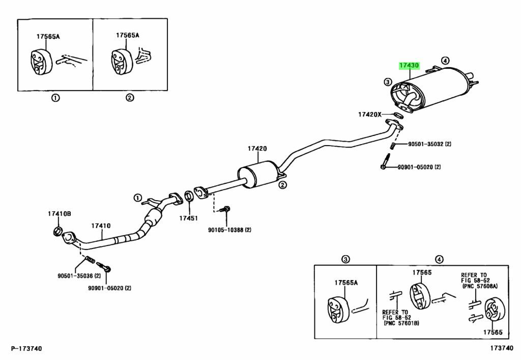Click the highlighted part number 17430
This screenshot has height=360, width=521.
[x=409, y=65]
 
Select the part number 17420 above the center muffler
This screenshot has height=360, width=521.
[x=257, y=149]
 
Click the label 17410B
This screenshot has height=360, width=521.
[x=59, y=213]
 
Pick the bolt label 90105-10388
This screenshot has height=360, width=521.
[x=229, y=230]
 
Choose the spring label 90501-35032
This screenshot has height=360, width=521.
[x=429, y=144]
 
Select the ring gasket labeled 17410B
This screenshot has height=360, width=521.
[x=59, y=233]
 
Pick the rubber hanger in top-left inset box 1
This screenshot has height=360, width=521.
[x=38, y=61]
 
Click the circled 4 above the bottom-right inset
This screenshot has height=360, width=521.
[x=439, y=259]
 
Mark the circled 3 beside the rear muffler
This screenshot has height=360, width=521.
[x=388, y=81]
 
